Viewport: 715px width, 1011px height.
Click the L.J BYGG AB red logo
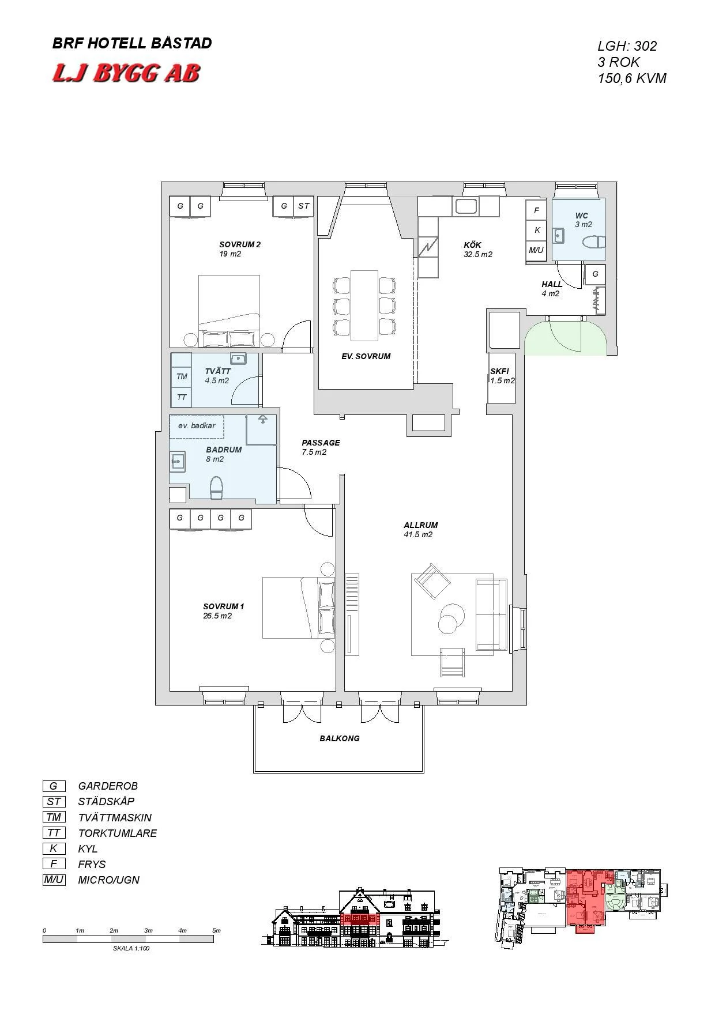(126, 73)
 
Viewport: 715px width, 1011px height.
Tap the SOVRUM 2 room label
(240, 244)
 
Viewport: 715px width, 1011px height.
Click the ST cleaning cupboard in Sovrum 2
(303, 206)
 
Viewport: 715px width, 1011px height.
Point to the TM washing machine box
(182, 377)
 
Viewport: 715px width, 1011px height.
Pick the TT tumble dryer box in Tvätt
(182, 397)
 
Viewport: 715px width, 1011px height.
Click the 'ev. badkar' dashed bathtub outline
(197, 427)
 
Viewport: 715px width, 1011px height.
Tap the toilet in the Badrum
(216, 488)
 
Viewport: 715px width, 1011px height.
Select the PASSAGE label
(321, 443)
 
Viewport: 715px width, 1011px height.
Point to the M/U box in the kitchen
(536, 250)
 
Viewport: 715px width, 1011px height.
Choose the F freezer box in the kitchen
(536, 210)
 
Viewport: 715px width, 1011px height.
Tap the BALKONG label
(340, 738)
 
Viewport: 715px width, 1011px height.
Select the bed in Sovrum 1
(299, 608)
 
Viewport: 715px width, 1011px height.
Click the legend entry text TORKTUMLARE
(118, 833)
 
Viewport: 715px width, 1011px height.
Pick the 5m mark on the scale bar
(216, 931)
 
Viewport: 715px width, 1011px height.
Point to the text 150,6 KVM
(632, 78)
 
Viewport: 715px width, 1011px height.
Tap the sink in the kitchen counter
(466, 206)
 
